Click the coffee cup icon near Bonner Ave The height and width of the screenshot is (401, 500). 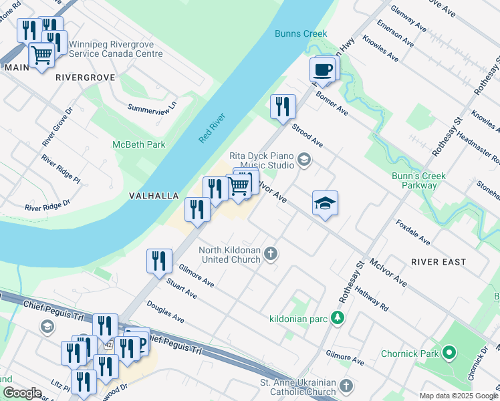[323, 70]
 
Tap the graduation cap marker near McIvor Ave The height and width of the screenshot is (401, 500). [325, 203]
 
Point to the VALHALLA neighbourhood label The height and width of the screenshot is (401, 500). [154, 196]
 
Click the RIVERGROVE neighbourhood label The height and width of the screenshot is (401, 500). [86, 78]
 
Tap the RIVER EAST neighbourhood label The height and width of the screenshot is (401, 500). [439, 261]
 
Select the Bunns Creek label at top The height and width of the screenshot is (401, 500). [300, 34]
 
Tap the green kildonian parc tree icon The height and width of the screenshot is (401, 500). [339, 317]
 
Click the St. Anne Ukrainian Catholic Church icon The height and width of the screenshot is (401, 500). [346, 386]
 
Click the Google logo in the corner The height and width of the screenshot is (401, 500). [22, 393]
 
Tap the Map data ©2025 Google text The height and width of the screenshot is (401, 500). [458, 396]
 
